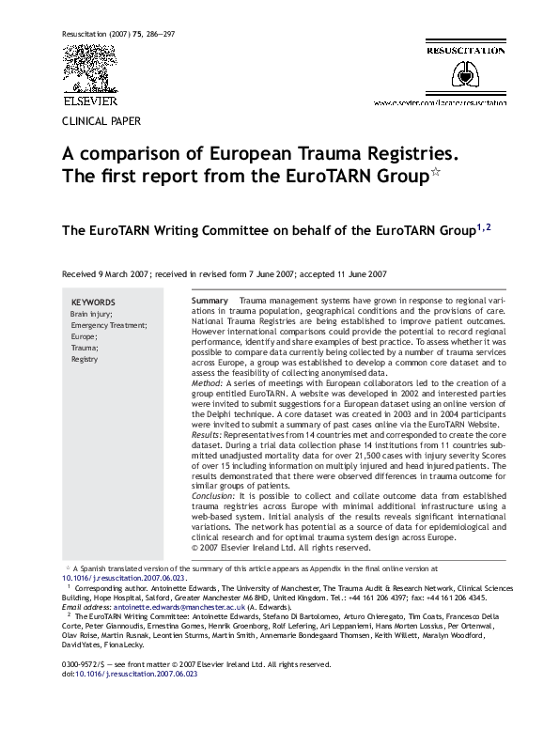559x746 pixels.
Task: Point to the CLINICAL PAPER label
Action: click(101, 122)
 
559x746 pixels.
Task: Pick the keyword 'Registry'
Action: click(85, 359)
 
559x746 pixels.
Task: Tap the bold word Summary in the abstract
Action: click(209, 301)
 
